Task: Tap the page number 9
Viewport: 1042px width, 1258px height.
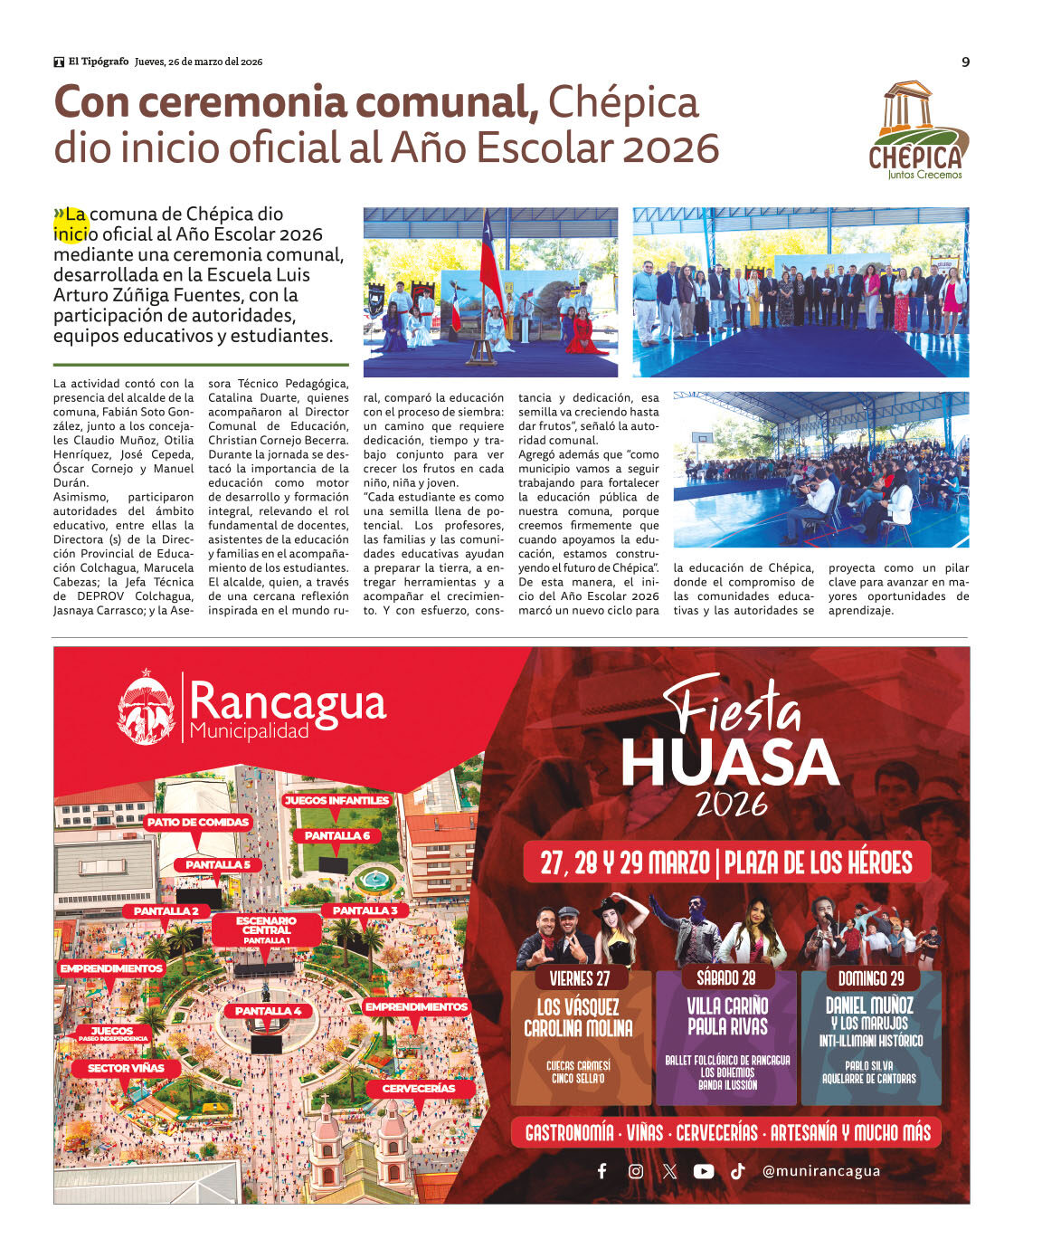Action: [x=965, y=62]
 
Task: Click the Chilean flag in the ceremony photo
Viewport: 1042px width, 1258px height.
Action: [x=491, y=258]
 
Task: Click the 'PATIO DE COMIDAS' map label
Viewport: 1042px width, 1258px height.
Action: [x=198, y=822]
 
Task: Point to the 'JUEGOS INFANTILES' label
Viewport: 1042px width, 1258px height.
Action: [x=336, y=800]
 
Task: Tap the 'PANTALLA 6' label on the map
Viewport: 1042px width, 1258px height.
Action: [x=336, y=835]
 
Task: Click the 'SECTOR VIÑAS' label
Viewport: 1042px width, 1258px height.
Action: [x=126, y=1068]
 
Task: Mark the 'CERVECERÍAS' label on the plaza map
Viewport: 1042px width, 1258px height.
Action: [x=418, y=1088]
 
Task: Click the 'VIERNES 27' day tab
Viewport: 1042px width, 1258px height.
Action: [x=580, y=978]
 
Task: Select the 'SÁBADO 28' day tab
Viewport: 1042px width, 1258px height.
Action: [x=726, y=977]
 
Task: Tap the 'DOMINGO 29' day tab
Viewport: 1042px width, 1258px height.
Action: [x=871, y=978]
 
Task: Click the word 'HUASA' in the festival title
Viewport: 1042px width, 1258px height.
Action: [x=729, y=762]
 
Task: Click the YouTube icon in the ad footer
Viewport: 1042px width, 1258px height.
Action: [x=703, y=1171]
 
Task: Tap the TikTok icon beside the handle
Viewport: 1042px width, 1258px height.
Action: [x=738, y=1171]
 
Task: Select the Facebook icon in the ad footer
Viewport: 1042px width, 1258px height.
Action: [x=602, y=1171]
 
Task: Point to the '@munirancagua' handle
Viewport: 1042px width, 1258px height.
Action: [x=820, y=1171]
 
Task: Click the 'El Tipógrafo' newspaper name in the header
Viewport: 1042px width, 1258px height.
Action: [x=98, y=62]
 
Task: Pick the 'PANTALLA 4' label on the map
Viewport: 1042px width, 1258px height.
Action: [x=268, y=1011]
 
